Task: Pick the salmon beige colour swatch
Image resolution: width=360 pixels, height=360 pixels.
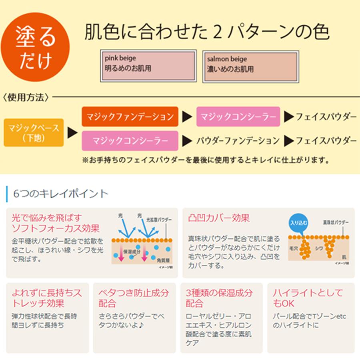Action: pyautogui.click(x=251, y=66)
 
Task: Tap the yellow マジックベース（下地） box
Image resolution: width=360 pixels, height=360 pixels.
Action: pyautogui.click(x=34, y=132)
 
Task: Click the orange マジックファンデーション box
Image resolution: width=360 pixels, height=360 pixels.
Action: pyautogui.click(x=130, y=117)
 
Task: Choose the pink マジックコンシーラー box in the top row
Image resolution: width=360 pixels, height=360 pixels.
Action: pyautogui.click(x=238, y=117)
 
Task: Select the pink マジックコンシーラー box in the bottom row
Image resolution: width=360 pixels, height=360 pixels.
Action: pyautogui.click(x=130, y=141)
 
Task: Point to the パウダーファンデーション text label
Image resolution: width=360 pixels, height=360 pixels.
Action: pyautogui.click(x=238, y=141)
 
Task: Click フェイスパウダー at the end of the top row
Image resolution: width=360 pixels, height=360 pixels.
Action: pyautogui.click(x=326, y=117)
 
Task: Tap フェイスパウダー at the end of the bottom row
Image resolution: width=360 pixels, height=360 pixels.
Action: pyautogui.click(x=326, y=141)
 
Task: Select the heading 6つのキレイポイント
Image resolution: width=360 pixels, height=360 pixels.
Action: pyautogui.click(x=60, y=194)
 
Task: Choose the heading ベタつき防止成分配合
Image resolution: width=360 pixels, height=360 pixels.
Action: pyautogui.click(x=134, y=298)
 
